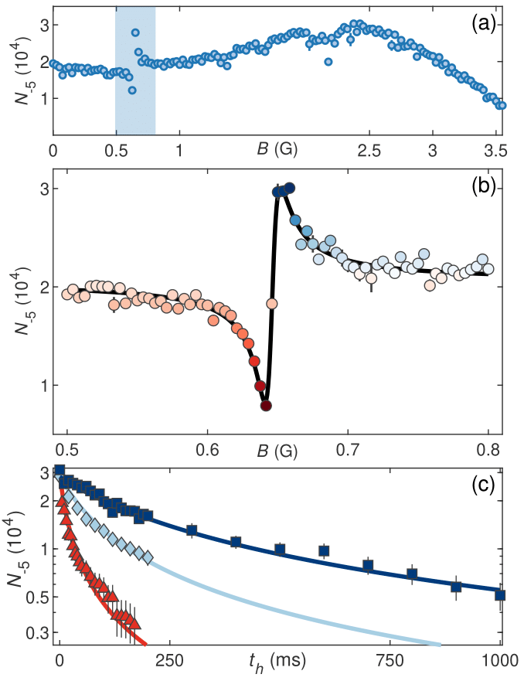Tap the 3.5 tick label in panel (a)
(496, 152)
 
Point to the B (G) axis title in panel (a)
(274, 150)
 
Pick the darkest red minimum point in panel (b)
(265, 405)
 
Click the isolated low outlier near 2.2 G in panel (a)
(328, 62)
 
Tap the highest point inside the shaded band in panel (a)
(135, 32)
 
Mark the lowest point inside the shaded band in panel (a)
(132, 90)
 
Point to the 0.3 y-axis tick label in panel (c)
(33, 633)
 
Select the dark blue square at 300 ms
(192, 530)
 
